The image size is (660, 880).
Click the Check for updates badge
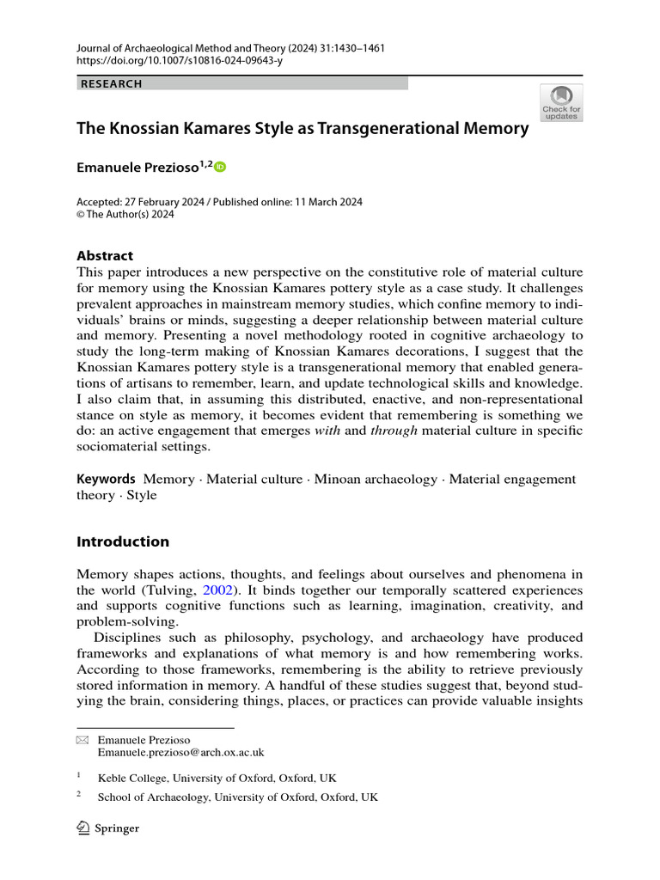[x=561, y=102]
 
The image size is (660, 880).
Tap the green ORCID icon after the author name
[x=219, y=167]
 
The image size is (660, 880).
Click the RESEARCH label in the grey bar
[x=111, y=84]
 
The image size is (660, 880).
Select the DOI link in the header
[x=181, y=61]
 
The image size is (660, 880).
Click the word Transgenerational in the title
[x=393, y=129]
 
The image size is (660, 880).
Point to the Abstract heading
[x=105, y=255]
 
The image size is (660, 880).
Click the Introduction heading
[x=123, y=541]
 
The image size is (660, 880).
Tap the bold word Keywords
[x=106, y=479]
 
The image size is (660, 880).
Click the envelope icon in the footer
[x=82, y=740]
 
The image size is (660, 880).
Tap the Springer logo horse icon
[x=84, y=828]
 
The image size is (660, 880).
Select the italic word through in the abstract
[x=394, y=430]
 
